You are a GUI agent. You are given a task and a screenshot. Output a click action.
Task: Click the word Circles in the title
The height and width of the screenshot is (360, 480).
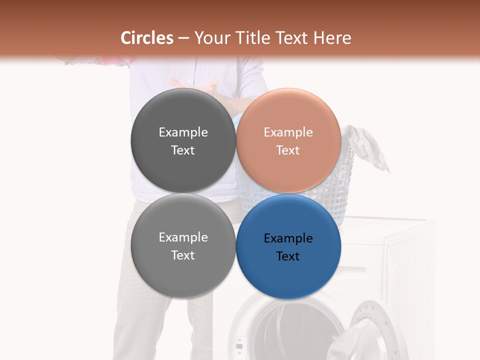click(147, 38)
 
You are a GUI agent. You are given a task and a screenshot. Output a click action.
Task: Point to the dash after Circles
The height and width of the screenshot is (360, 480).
click(183, 38)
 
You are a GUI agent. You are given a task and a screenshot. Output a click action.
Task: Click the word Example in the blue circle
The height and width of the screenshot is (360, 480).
click(288, 238)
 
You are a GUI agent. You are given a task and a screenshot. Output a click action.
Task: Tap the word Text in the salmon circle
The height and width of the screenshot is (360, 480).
click(288, 150)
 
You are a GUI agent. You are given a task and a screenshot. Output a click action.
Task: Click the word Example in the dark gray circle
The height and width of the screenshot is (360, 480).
click(183, 132)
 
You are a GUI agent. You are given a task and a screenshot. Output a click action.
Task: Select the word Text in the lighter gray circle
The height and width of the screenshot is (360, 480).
click(183, 255)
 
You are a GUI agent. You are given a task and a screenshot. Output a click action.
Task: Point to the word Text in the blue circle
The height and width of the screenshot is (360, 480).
click(288, 256)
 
